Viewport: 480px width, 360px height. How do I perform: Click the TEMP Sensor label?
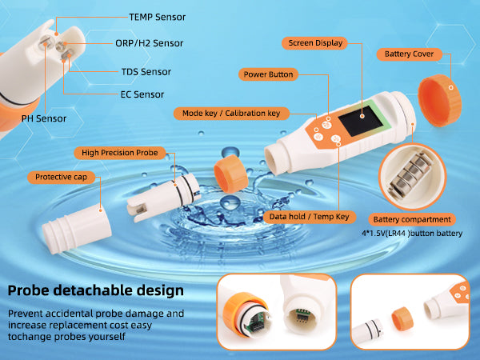pyautogui.click(x=157, y=17)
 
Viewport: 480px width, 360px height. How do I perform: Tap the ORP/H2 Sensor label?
pyautogui.click(x=149, y=43)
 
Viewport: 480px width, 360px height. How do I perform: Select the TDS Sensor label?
pyautogui.click(x=146, y=72)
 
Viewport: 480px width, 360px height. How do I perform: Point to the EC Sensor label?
pyautogui.click(x=142, y=94)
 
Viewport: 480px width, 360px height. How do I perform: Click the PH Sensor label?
pyautogui.click(x=44, y=118)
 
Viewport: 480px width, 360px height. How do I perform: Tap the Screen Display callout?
pyautogui.click(x=315, y=43)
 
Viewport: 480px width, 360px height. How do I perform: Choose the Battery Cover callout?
pyautogui.click(x=410, y=54)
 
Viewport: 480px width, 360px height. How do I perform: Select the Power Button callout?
pyautogui.click(x=268, y=74)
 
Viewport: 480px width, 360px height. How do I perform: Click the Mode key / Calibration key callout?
pyautogui.click(x=231, y=114)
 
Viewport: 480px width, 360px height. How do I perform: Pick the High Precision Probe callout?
pyautogui.click(x=120, y=153)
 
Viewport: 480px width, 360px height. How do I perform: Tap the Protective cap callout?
pyautogui.click(x=62, y=177)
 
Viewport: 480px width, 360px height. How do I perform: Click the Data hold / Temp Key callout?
pyautogui.click(x=309, y=217)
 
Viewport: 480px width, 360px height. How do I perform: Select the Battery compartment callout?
pyautogui.click(x=412, y=219)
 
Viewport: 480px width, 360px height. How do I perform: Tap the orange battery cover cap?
pyautogui.click(x=439, y=101)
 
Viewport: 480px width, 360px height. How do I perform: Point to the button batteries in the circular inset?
pyautogui.click(x=410, y=176)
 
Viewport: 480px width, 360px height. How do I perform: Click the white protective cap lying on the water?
pyautogui.click(x=77, y=229)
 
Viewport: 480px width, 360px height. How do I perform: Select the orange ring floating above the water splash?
pyautogui.click(x=231, y=174)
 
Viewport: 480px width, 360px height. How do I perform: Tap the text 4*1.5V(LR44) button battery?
pyautogui.click(x=412, y=234)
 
